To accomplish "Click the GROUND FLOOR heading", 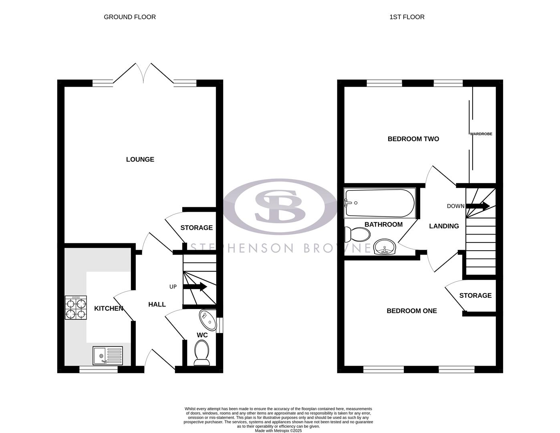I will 129,17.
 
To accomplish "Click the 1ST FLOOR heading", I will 407,17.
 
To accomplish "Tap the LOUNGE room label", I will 140,159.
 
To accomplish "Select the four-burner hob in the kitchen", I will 76,308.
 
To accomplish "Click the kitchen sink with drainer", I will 108,356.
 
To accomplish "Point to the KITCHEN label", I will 109,308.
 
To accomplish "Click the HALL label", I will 157,304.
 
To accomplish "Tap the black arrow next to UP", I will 195,287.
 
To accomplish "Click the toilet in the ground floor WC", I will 201,353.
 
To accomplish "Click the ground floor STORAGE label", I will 196,228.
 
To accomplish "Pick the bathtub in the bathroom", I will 380,203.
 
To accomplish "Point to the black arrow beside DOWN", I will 478,206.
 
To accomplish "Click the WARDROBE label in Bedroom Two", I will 481,134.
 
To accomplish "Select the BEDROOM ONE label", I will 411,311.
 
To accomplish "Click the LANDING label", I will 444,226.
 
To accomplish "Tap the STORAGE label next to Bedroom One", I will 475,295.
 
